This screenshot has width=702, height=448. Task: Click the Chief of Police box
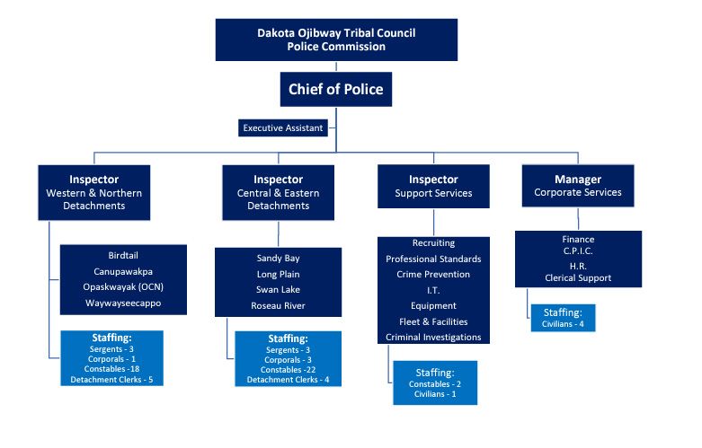click(335, 89)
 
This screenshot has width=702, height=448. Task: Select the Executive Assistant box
click(282, 128)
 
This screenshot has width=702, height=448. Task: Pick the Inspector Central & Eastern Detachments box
click(278, 192)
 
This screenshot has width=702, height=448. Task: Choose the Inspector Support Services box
click(433, 187)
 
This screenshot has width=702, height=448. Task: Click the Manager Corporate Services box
click(578, 186)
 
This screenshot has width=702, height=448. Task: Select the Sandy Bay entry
click(278, 258)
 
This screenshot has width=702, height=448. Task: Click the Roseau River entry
click(278, 306)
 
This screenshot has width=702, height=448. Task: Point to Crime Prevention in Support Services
click(433, 274)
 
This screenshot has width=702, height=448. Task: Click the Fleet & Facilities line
click(433, 321)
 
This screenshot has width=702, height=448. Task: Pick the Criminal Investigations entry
click(433, 337)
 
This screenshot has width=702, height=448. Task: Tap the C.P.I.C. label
click(578, 252)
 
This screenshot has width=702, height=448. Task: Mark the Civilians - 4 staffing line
click(563, 323)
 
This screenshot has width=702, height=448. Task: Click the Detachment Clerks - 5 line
click(112, 380)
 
